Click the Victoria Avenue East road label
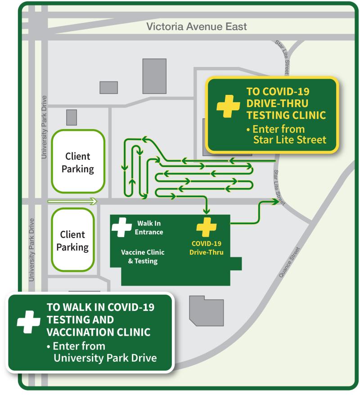[x=197, y=27]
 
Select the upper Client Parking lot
[x=77, y=162]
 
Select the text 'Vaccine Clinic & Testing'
[x=139, y=256]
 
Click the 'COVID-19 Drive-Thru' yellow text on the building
[x=207, y=247]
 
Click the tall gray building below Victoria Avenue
[x=154, y=76]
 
